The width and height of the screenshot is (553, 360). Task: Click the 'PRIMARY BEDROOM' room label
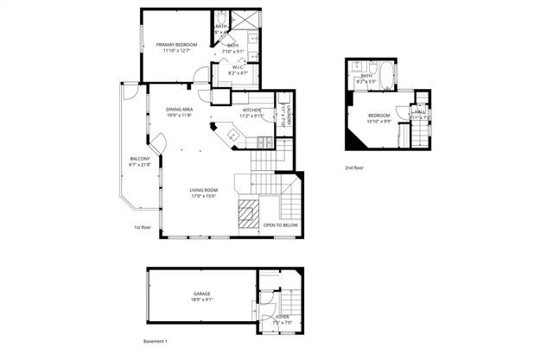click(x=176, y=44)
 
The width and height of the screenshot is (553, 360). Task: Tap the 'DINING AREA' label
click(x=180, y=110)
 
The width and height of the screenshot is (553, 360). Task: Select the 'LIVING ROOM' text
click(x=204, y=190)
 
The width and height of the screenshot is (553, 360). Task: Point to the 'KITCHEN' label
click(x=251, y=111)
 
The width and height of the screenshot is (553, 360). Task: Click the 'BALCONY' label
click(x=140, y=159)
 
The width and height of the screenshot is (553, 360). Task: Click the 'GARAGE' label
click(x=201, y=294)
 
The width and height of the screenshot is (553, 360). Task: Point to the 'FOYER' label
click(x=282, y=317)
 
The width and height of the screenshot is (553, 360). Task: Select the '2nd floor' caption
click(x=355, y=167)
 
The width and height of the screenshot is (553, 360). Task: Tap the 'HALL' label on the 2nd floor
click(x=419, y=111)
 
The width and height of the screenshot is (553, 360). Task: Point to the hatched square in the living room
click(x=249, y=214)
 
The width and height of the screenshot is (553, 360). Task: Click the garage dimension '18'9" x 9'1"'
click(x=201, y=300)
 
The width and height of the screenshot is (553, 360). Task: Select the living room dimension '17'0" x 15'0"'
click(x=204, y=196)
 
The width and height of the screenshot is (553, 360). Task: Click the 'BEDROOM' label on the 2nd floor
click(x=379, y=116)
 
